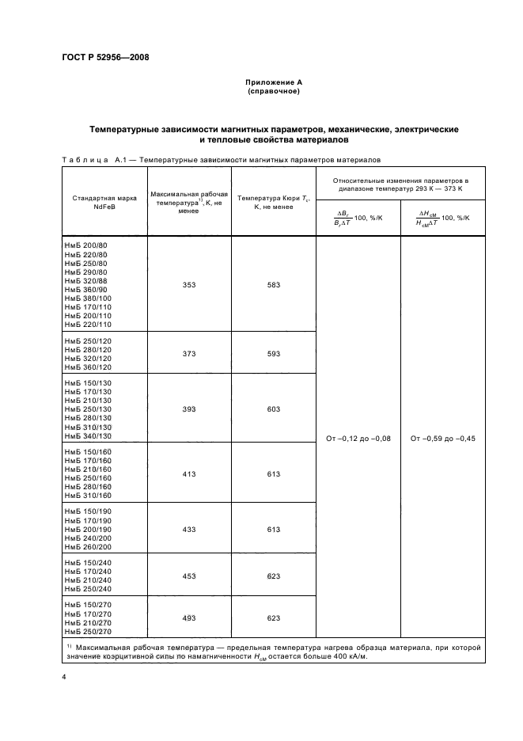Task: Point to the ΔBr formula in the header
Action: [x=358, y=218]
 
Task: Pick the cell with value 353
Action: [x=189, y=285]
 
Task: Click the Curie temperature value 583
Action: [x=274, y=285]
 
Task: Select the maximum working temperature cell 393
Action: [x=189, y=409]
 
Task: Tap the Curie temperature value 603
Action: [x=274, y=409]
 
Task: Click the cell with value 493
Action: [x=189, y=617]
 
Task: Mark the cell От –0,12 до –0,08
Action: [x=358, y=438]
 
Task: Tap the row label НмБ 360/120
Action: [x=87, y=367]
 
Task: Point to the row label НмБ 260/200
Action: [x=87, y=547]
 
